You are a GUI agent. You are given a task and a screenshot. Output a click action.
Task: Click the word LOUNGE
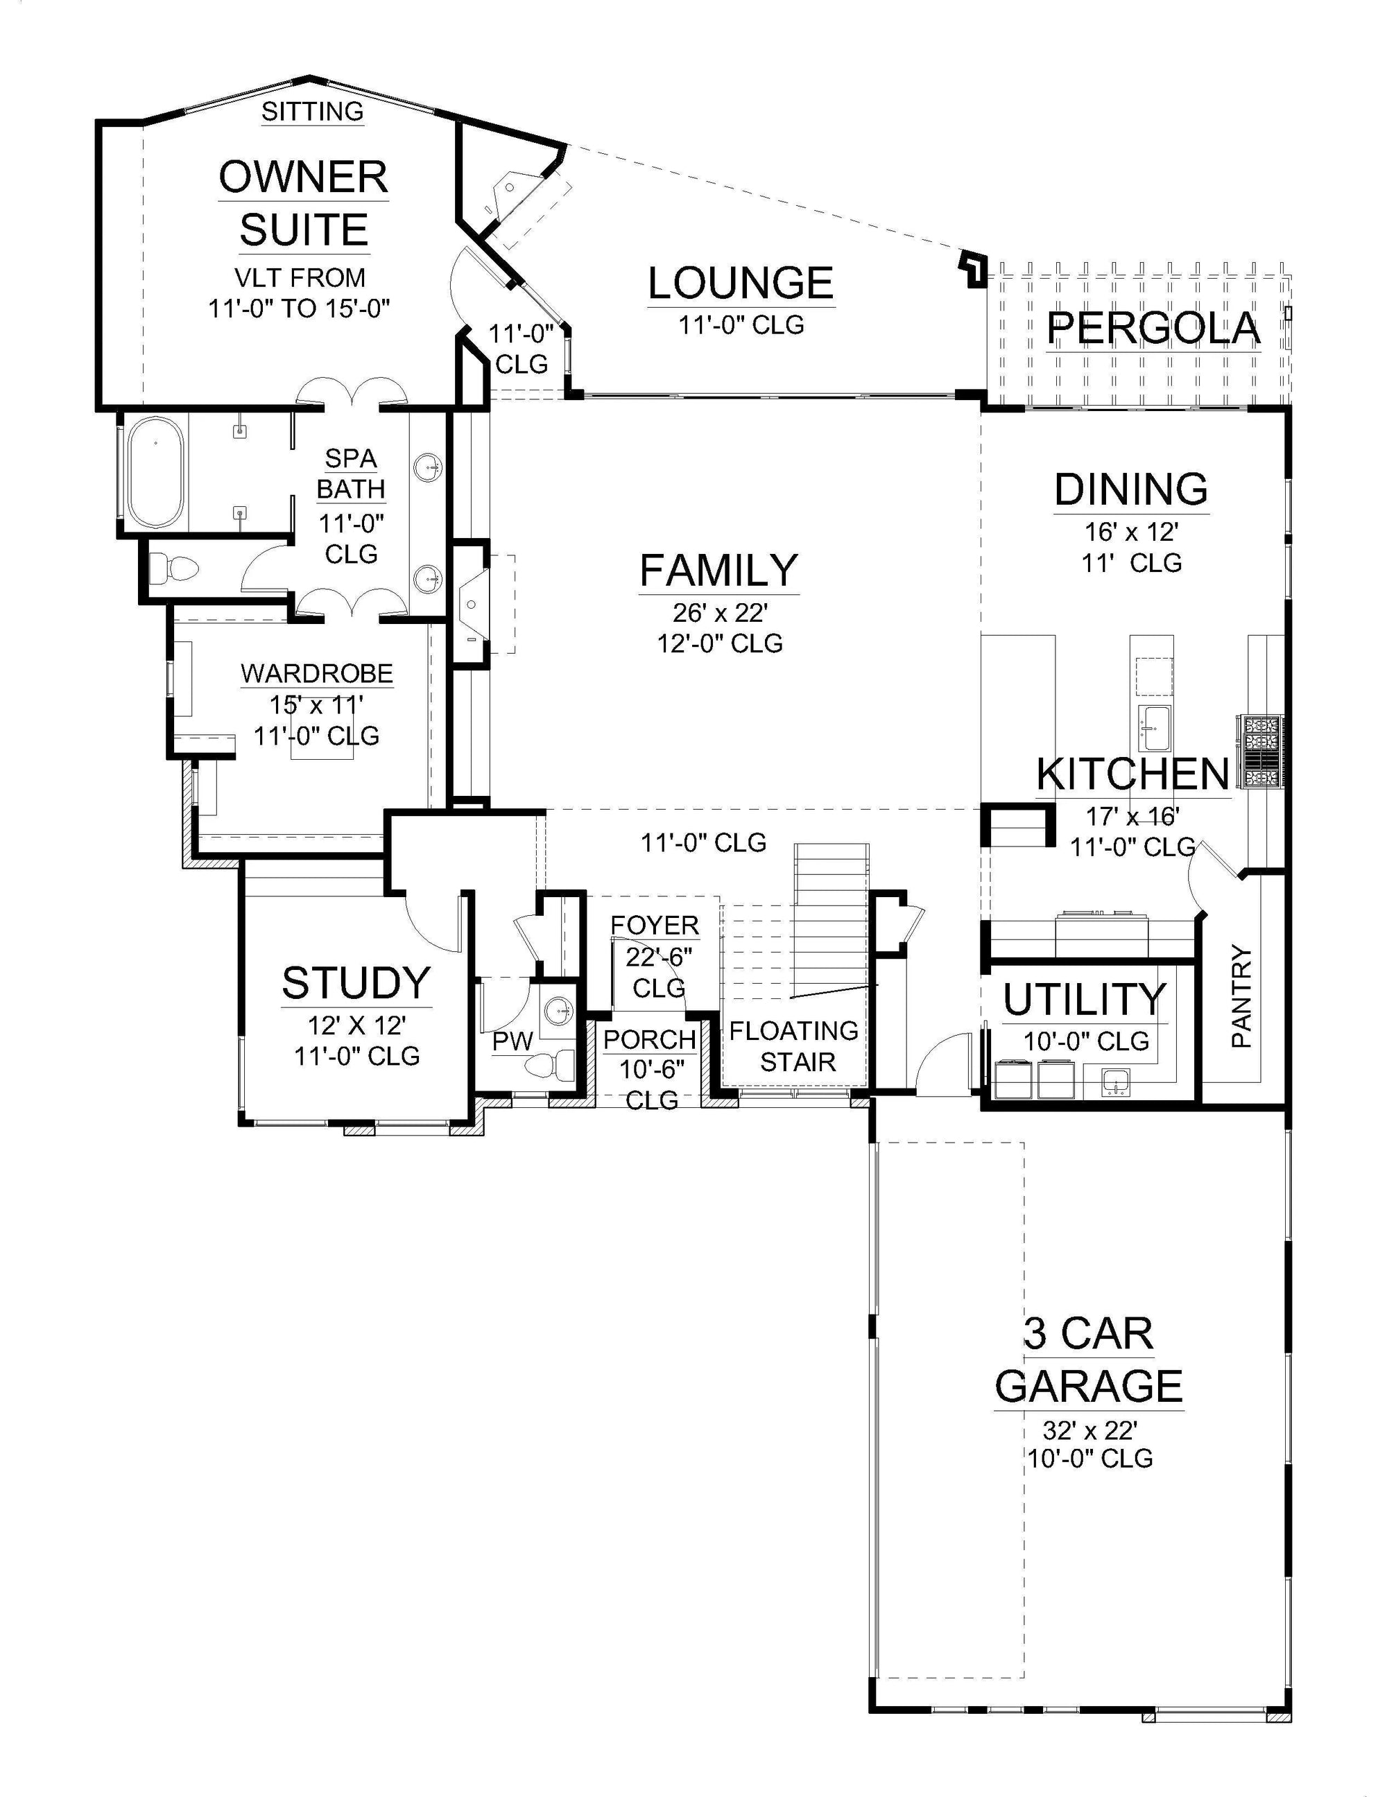pos(741,283)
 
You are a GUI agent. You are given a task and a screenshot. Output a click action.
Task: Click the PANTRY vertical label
pos(1241,996)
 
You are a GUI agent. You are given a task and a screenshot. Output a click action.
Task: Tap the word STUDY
pos(356,982)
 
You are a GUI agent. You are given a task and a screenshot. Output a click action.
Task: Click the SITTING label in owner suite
pos(313,111)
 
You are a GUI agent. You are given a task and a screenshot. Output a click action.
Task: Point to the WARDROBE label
pos(317,673)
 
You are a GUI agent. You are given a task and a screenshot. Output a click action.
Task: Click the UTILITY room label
pos(1084,1000)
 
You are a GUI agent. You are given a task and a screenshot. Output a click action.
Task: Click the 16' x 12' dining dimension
pos(1132,532)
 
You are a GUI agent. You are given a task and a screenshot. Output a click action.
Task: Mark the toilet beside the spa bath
pos(175,568)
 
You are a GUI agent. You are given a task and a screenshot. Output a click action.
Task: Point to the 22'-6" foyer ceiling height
pos(659,957)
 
